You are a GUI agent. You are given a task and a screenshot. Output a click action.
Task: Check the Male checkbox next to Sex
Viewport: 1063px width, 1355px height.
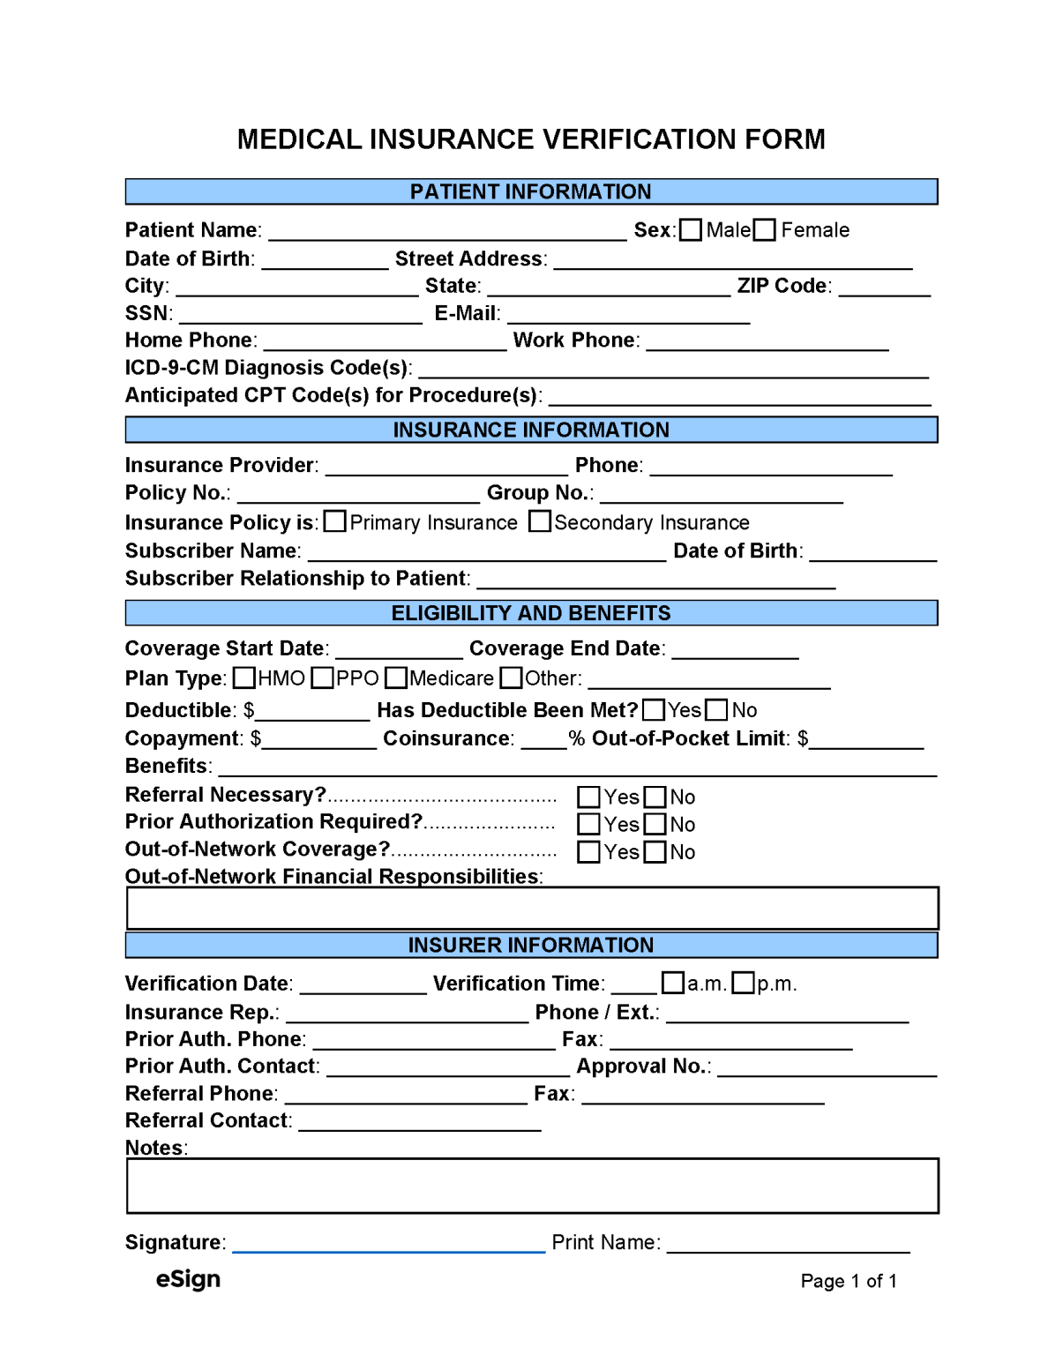[691, 230]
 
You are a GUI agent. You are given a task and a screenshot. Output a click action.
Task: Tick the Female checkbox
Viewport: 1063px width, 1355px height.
[765, 230]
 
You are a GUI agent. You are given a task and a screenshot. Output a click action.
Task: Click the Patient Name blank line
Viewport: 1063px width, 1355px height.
[447, 232]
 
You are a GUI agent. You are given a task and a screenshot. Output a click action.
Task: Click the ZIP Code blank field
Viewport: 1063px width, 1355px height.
[884, 288]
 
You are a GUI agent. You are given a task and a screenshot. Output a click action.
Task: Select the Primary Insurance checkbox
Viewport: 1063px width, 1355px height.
[334, 521]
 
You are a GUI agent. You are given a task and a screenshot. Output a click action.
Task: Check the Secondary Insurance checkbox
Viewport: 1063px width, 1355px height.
[540, 521]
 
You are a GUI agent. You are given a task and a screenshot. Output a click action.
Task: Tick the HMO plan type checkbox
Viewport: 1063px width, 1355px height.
[244, 677]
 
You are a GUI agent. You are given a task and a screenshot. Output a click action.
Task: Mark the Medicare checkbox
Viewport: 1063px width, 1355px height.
[396, 677]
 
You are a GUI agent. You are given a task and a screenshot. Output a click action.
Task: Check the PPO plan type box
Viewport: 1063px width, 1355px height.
[323, 677]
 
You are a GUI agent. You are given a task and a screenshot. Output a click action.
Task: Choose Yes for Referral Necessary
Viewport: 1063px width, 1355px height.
[588, 797]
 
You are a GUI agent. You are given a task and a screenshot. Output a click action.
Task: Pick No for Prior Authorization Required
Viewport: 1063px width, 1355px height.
[655, 825]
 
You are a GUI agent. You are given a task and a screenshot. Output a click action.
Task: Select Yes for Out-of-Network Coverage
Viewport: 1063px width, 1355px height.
[588, 852]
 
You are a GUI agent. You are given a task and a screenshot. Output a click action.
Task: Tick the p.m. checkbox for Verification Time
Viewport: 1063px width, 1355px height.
[744, 983]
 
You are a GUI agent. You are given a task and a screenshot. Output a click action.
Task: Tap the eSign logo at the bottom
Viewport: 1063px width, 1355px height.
[188, 1279]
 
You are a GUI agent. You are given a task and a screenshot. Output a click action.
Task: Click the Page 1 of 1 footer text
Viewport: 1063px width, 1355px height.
[849, 1281]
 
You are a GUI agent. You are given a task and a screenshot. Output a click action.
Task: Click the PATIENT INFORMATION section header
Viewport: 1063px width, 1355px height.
[531, 191]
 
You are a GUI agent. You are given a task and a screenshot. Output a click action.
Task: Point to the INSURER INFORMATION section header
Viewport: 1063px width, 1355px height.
[531, 945]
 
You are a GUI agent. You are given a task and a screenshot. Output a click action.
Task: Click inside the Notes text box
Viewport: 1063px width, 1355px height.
[532, 1186]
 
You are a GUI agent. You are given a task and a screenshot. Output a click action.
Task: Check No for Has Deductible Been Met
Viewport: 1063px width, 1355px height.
[717, 710]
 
